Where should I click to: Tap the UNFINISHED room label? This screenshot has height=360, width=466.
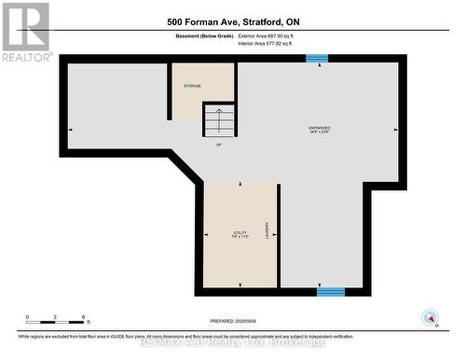click(x=319, y=127)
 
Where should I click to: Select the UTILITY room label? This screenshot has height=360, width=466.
click(x=240, y=232)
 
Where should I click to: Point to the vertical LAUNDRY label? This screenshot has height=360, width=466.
click(x=267, y=232)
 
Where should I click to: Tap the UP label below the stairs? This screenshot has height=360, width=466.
click(x=219, y=145)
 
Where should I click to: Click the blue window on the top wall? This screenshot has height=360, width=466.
click(x=317, y=58)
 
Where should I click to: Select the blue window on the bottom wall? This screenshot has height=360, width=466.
click(x=330, y=292)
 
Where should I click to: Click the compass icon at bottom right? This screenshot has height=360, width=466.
click(x=431, y=316)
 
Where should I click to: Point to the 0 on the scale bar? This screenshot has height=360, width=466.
click(x=27, y=317)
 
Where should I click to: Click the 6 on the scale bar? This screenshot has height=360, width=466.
click(x=84, y=317)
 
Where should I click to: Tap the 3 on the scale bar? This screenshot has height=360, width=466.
click(x=55, y=317)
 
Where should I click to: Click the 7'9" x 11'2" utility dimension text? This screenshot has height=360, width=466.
click(x=240, y=237)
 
